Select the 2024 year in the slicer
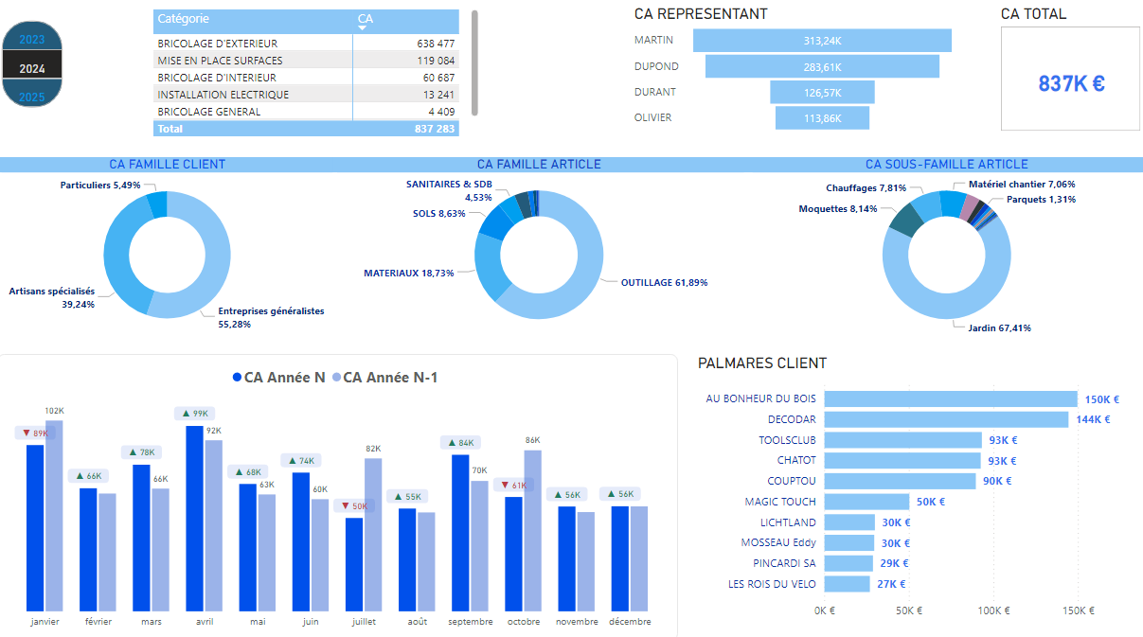click(32, 68)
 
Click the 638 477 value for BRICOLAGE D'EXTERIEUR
click(436, 44)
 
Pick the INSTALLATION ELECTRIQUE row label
click(223, 95)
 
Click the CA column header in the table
click(366, 19)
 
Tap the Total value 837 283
click(435, 129)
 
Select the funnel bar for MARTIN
click(822, 41)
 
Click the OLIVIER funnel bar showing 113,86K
click(822, 118)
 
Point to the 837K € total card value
click(1071, 83)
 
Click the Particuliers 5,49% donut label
click(99, 186)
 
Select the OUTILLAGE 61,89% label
click(664, 283)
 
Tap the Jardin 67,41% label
click(1000, 328)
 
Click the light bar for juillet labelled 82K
click(373, 534)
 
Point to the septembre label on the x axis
click(471, 622)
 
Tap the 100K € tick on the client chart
click(993, 610)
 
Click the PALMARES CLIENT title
click(761, 363)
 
